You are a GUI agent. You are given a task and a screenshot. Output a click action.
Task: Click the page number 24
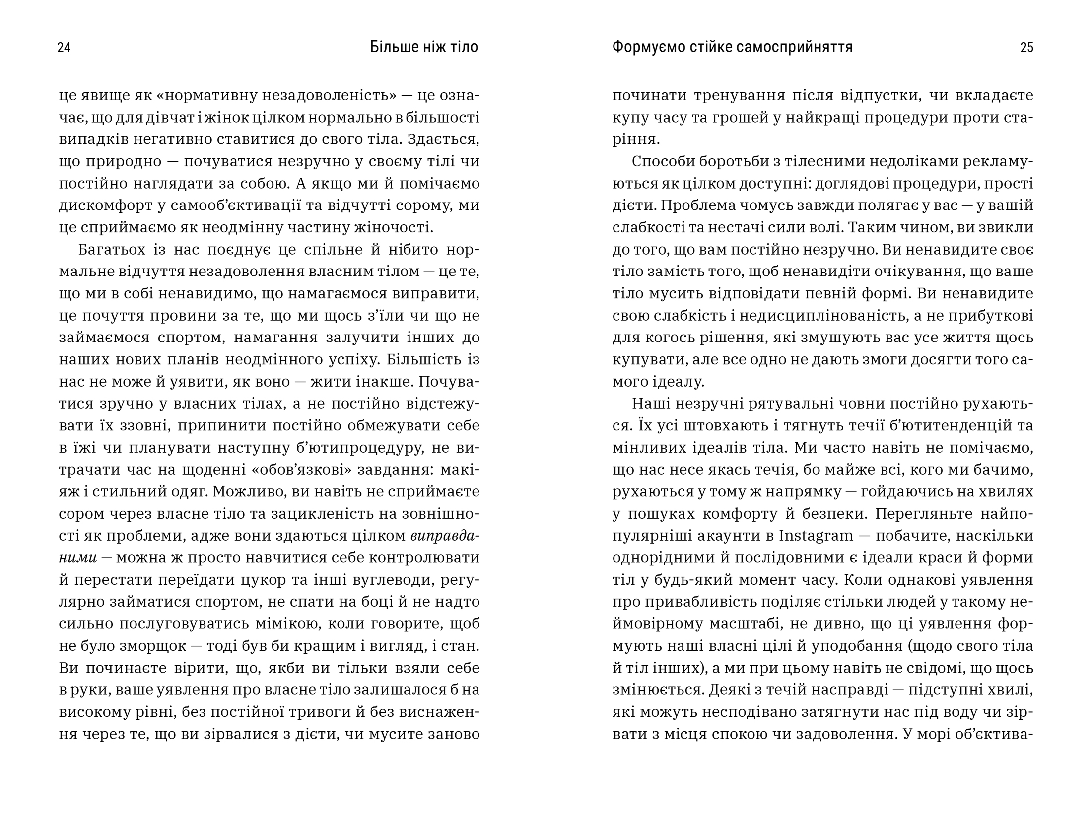pos(64,48)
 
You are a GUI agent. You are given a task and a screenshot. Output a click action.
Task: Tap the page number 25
pos(1026,48)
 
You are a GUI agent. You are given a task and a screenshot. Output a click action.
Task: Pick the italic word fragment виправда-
pos(445,536)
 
